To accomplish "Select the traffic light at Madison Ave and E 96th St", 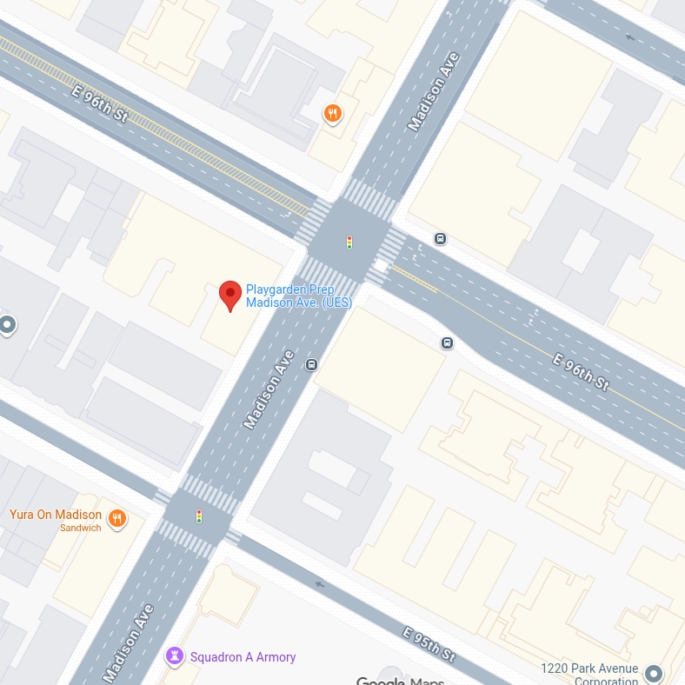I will pos(349,243).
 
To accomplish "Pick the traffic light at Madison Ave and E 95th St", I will pos(199,516).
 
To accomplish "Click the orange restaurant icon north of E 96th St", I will pos(332,113).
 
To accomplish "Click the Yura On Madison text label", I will pos(56,515).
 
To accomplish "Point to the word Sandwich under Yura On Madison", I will pos(80,528).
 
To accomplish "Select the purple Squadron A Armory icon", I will pos(176,656).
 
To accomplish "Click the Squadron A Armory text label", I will pos(243,657).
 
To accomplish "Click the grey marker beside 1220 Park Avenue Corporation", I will pos(653,673).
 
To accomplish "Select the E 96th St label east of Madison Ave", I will pos(582,371).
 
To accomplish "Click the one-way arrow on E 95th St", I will pos(321,584).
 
